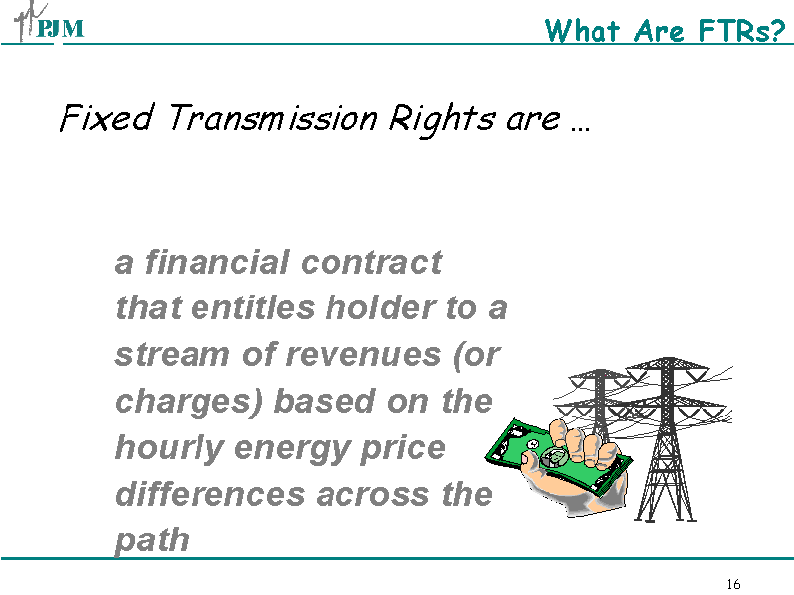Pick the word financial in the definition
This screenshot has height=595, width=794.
point(216,262)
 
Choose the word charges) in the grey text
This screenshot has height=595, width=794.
point(190,402)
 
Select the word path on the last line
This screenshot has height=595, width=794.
point(152,540)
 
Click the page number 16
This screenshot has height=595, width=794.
point(733,583)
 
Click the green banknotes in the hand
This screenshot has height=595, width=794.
point(541,457)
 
